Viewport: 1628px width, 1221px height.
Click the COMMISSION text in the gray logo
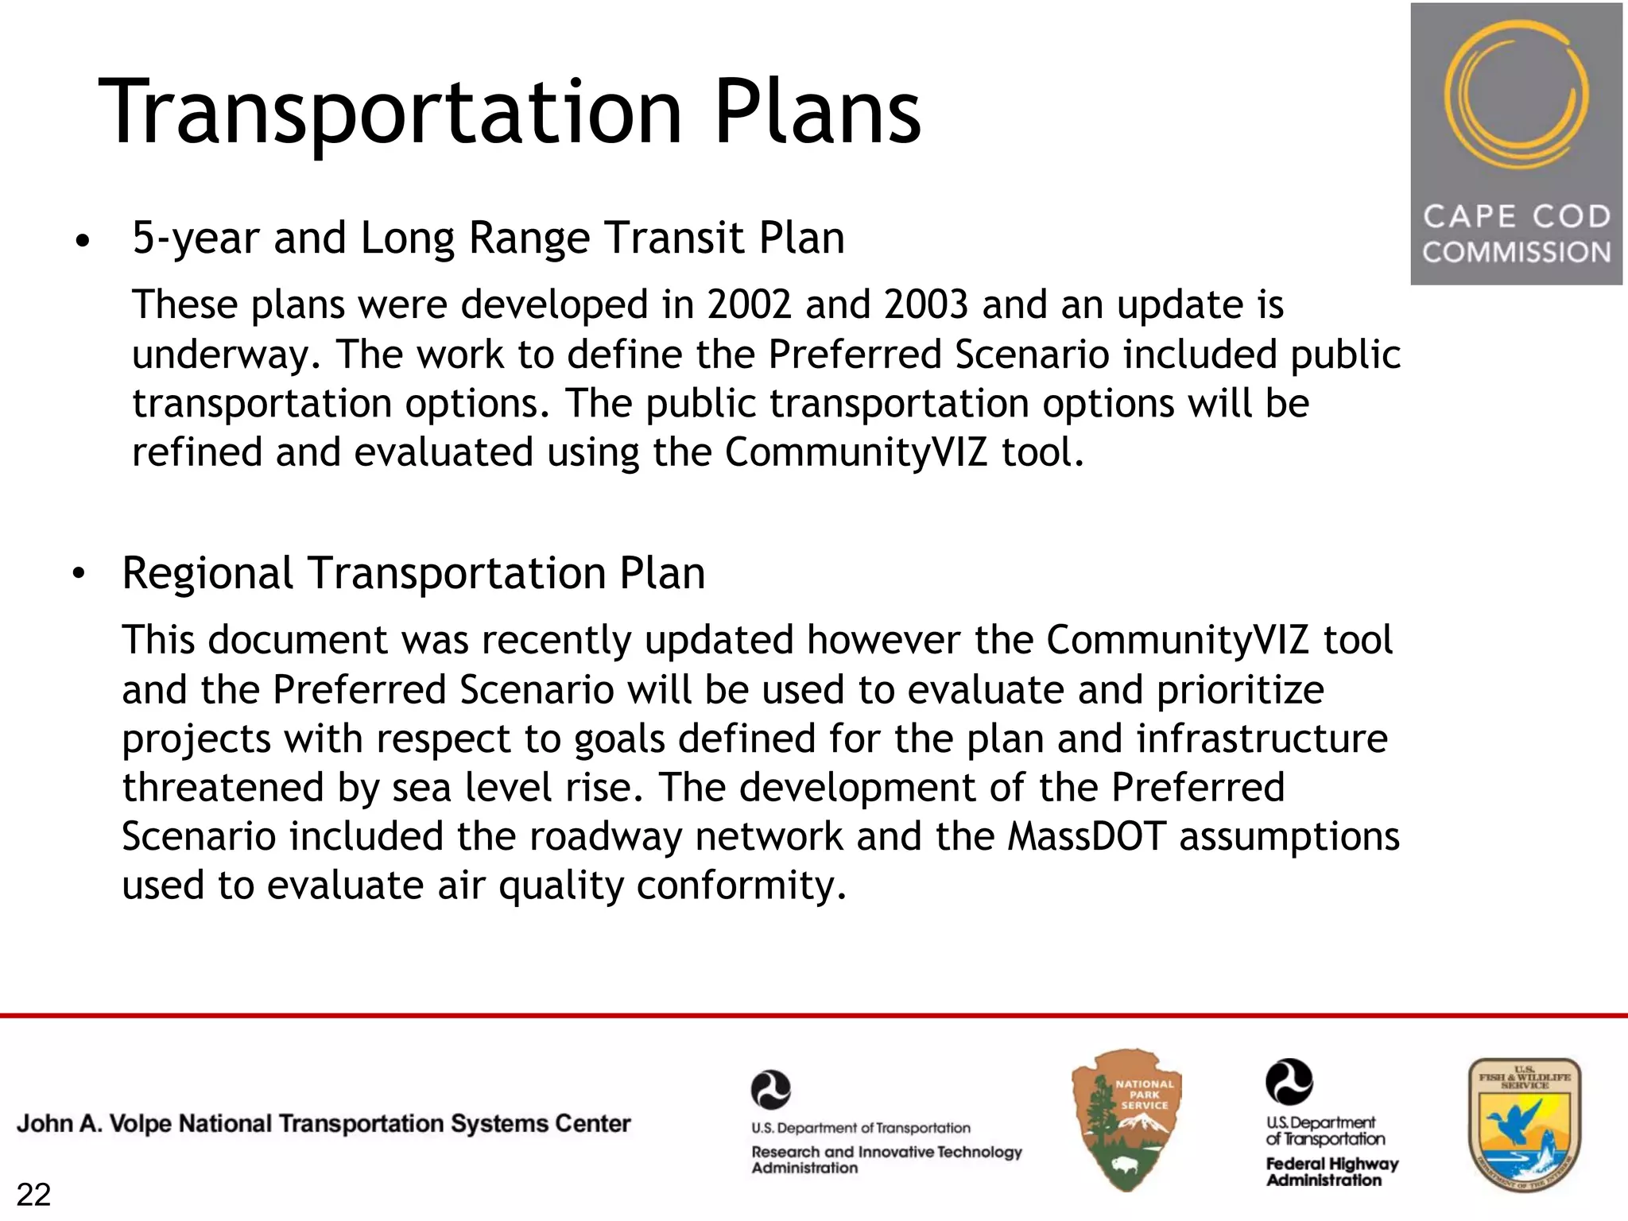(1516, 253)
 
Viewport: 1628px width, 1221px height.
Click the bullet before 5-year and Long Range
(82, 241)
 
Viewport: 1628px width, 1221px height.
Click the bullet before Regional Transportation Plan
(77, 574)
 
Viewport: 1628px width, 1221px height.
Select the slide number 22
(33, 1195)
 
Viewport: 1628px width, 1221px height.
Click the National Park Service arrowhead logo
(1126, 1119)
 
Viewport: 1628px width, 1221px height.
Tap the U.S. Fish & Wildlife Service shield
(1524, 1124)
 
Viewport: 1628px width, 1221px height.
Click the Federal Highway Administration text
(1331, 1172)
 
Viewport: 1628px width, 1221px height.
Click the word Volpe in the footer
(141, 1124)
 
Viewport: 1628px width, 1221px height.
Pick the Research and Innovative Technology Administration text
(886, 1159)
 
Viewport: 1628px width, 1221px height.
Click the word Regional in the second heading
(207, 574)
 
